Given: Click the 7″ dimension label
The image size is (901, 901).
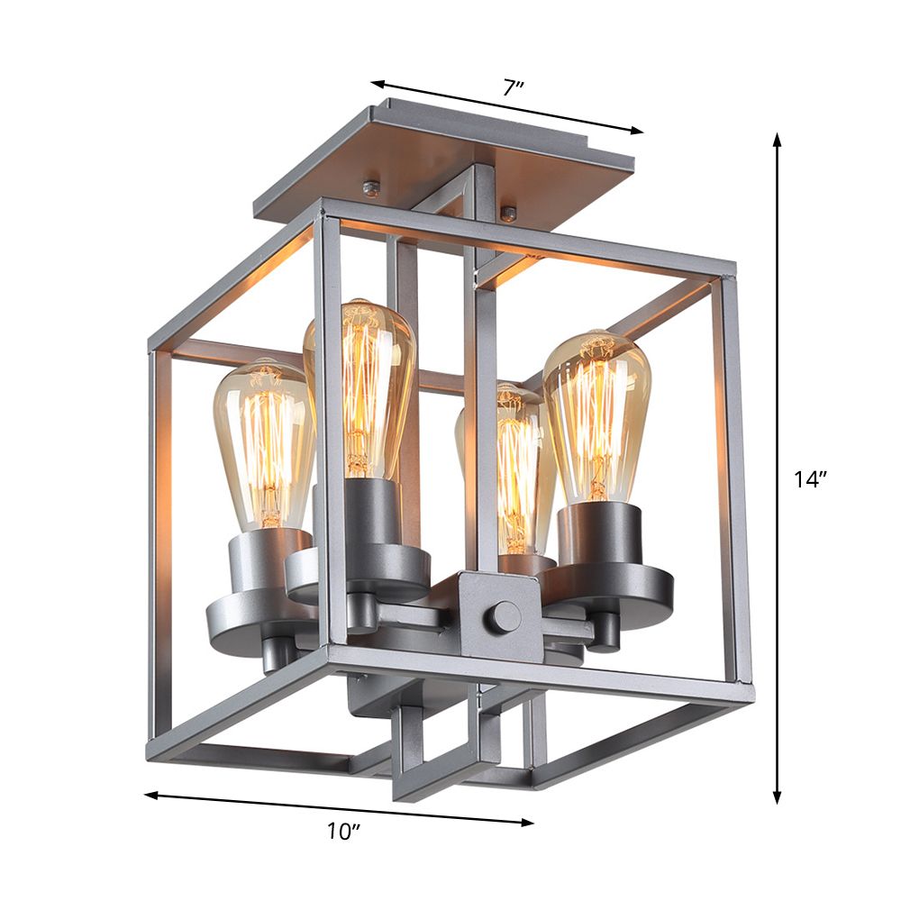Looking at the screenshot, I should (514, 88).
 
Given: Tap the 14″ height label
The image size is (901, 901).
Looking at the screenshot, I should (810, 480).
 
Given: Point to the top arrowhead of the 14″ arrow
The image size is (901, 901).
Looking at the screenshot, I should (777, 138).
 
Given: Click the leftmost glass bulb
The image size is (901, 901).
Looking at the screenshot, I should (261, 441).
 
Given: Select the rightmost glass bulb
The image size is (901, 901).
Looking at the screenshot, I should (597, 414).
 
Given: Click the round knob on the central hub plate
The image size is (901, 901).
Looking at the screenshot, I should (504, 618).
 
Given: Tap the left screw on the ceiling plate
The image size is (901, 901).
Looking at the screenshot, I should (370, 187).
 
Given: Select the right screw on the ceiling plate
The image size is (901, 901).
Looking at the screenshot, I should (509, 214).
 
